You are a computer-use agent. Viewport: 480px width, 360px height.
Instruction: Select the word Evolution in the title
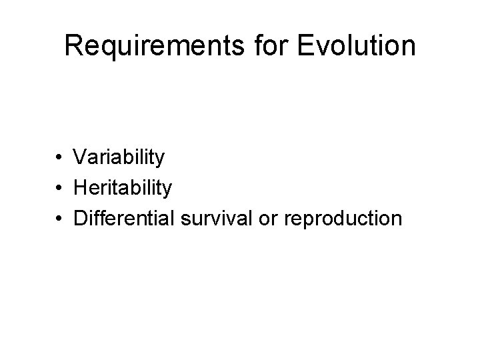[x=349, y=46]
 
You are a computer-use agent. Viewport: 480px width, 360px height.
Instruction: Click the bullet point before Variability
[x=60, y=159]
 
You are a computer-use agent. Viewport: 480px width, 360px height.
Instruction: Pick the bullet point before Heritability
[x=60, y=189]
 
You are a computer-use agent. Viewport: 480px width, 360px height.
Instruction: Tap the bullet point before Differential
[x=60, y=219]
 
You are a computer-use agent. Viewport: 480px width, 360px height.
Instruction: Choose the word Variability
[x=119, y=158]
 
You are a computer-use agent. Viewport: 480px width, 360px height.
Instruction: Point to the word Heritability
[x=123, y=188]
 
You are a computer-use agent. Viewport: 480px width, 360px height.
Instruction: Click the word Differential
[x=124, y=218]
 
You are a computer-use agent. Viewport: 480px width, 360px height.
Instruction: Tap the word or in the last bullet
[x=269, y=219]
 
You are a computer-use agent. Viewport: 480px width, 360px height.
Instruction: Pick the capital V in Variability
[x=81, y=158]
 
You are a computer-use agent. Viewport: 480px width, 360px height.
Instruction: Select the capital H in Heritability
[x=81, y=188]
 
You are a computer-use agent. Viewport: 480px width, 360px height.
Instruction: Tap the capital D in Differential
[x=81, y=218]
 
